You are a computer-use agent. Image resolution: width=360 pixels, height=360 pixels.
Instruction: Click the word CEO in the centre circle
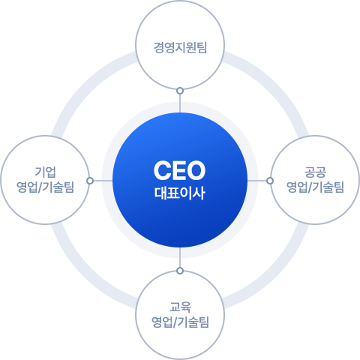[179, 170]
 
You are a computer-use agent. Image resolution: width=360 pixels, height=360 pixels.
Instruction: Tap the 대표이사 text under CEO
[180, 193]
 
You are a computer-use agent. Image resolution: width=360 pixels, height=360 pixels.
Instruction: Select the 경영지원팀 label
[180, 47]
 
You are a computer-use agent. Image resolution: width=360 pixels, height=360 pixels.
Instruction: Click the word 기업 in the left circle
[45, 172]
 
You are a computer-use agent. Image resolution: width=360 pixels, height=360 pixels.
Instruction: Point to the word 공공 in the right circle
[315, 172]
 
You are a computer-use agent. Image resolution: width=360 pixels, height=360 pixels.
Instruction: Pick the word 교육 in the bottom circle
[180, 307]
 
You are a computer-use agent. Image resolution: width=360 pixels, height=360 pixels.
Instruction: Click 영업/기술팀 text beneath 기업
[45, 187]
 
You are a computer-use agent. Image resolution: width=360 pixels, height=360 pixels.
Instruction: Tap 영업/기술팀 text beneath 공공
[315, 187]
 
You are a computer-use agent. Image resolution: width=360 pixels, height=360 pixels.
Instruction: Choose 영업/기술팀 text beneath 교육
[180, 322]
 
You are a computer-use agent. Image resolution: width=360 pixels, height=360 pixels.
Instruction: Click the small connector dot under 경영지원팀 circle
[180, 91]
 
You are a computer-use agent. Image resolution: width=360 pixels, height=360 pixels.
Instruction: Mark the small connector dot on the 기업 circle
[90, 181]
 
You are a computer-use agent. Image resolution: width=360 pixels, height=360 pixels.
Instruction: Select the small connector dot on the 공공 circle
[270, 181]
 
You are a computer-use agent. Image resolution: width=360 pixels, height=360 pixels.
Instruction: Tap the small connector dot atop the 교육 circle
[180, 271]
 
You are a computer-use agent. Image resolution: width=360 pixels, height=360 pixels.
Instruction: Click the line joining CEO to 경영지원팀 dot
[180, 103]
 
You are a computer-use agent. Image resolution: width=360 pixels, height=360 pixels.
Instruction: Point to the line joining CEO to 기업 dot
[103, 181]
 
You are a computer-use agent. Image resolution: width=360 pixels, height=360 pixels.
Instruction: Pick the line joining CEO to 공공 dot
[257, 181]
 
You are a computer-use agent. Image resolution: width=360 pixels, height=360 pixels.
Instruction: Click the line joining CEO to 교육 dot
[180, 257]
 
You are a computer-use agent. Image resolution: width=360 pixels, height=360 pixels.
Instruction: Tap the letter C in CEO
[162, 170]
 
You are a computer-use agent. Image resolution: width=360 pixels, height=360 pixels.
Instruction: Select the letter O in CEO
[196, 170]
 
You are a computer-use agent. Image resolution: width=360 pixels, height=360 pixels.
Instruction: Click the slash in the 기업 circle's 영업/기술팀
[40, 187]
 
